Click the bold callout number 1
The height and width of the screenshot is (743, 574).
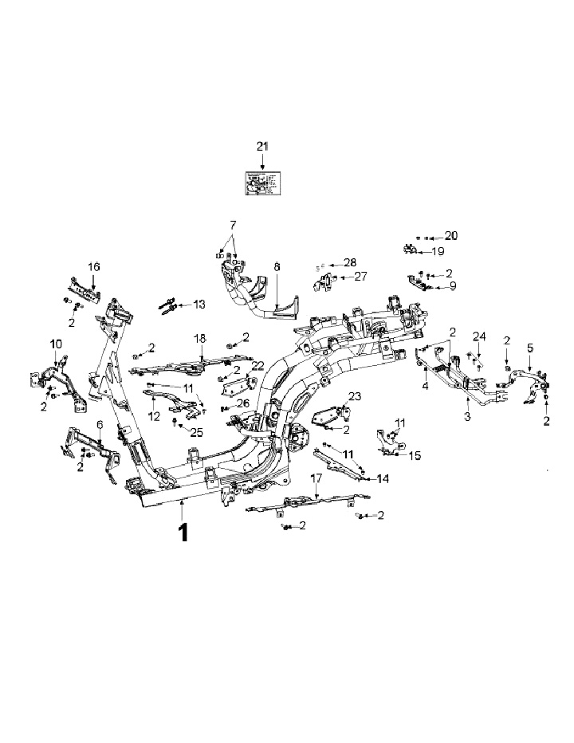(183, 533)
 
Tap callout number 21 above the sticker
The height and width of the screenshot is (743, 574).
(263, 146)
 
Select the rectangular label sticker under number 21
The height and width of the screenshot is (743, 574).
(263, 183)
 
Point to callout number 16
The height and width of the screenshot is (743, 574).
(94, 266)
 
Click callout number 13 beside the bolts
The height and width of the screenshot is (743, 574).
(199, 305)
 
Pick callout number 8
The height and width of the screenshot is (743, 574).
(277, 269)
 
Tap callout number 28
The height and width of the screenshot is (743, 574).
(350, 262)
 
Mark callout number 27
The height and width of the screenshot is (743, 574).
(360, 277)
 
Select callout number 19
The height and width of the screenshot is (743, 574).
(438, 251)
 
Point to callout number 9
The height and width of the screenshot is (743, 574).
(452, 285)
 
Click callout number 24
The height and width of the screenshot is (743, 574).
(479, 336)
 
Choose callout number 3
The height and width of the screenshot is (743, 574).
(468, 416)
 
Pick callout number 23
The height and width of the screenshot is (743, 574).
(355, 396)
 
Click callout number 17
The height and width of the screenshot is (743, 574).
(316, 478)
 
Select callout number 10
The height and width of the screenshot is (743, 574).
(56, 344)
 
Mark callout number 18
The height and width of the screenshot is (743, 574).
(200, 338)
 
